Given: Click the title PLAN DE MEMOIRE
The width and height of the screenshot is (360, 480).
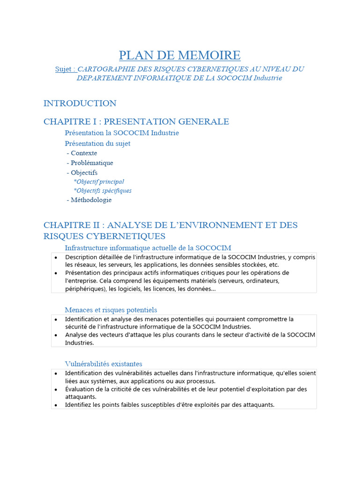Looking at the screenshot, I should click(180, 55).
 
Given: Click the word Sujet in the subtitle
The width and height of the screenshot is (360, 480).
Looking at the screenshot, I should click(64, 69).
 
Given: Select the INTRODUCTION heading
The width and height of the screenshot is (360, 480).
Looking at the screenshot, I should click(80, 103).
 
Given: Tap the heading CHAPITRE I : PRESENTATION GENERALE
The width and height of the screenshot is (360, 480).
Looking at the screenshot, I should click(136, 121).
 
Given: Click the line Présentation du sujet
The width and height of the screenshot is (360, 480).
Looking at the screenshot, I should click(97, 143).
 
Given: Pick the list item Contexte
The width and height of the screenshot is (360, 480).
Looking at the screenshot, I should click(84, 153).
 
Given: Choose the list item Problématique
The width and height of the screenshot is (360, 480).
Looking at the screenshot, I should click(92, 163).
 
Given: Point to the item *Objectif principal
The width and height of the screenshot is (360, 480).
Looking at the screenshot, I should click(99, 181).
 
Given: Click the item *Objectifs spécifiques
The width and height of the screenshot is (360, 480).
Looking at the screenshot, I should click(103, 191).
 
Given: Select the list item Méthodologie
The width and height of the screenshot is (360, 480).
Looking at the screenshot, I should click(91, 200).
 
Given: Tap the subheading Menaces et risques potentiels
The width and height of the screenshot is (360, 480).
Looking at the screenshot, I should click(111, 310).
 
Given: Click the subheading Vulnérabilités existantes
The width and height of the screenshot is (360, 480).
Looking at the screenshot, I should click(104, 364).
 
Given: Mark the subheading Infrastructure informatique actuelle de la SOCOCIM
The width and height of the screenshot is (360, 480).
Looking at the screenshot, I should click(148, 247).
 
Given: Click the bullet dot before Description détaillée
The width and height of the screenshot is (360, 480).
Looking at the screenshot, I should click(56, 257).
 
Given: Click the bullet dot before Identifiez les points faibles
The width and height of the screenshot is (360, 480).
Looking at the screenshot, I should click(56, 405).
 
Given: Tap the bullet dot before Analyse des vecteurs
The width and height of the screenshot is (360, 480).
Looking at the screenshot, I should click(56, 335).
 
